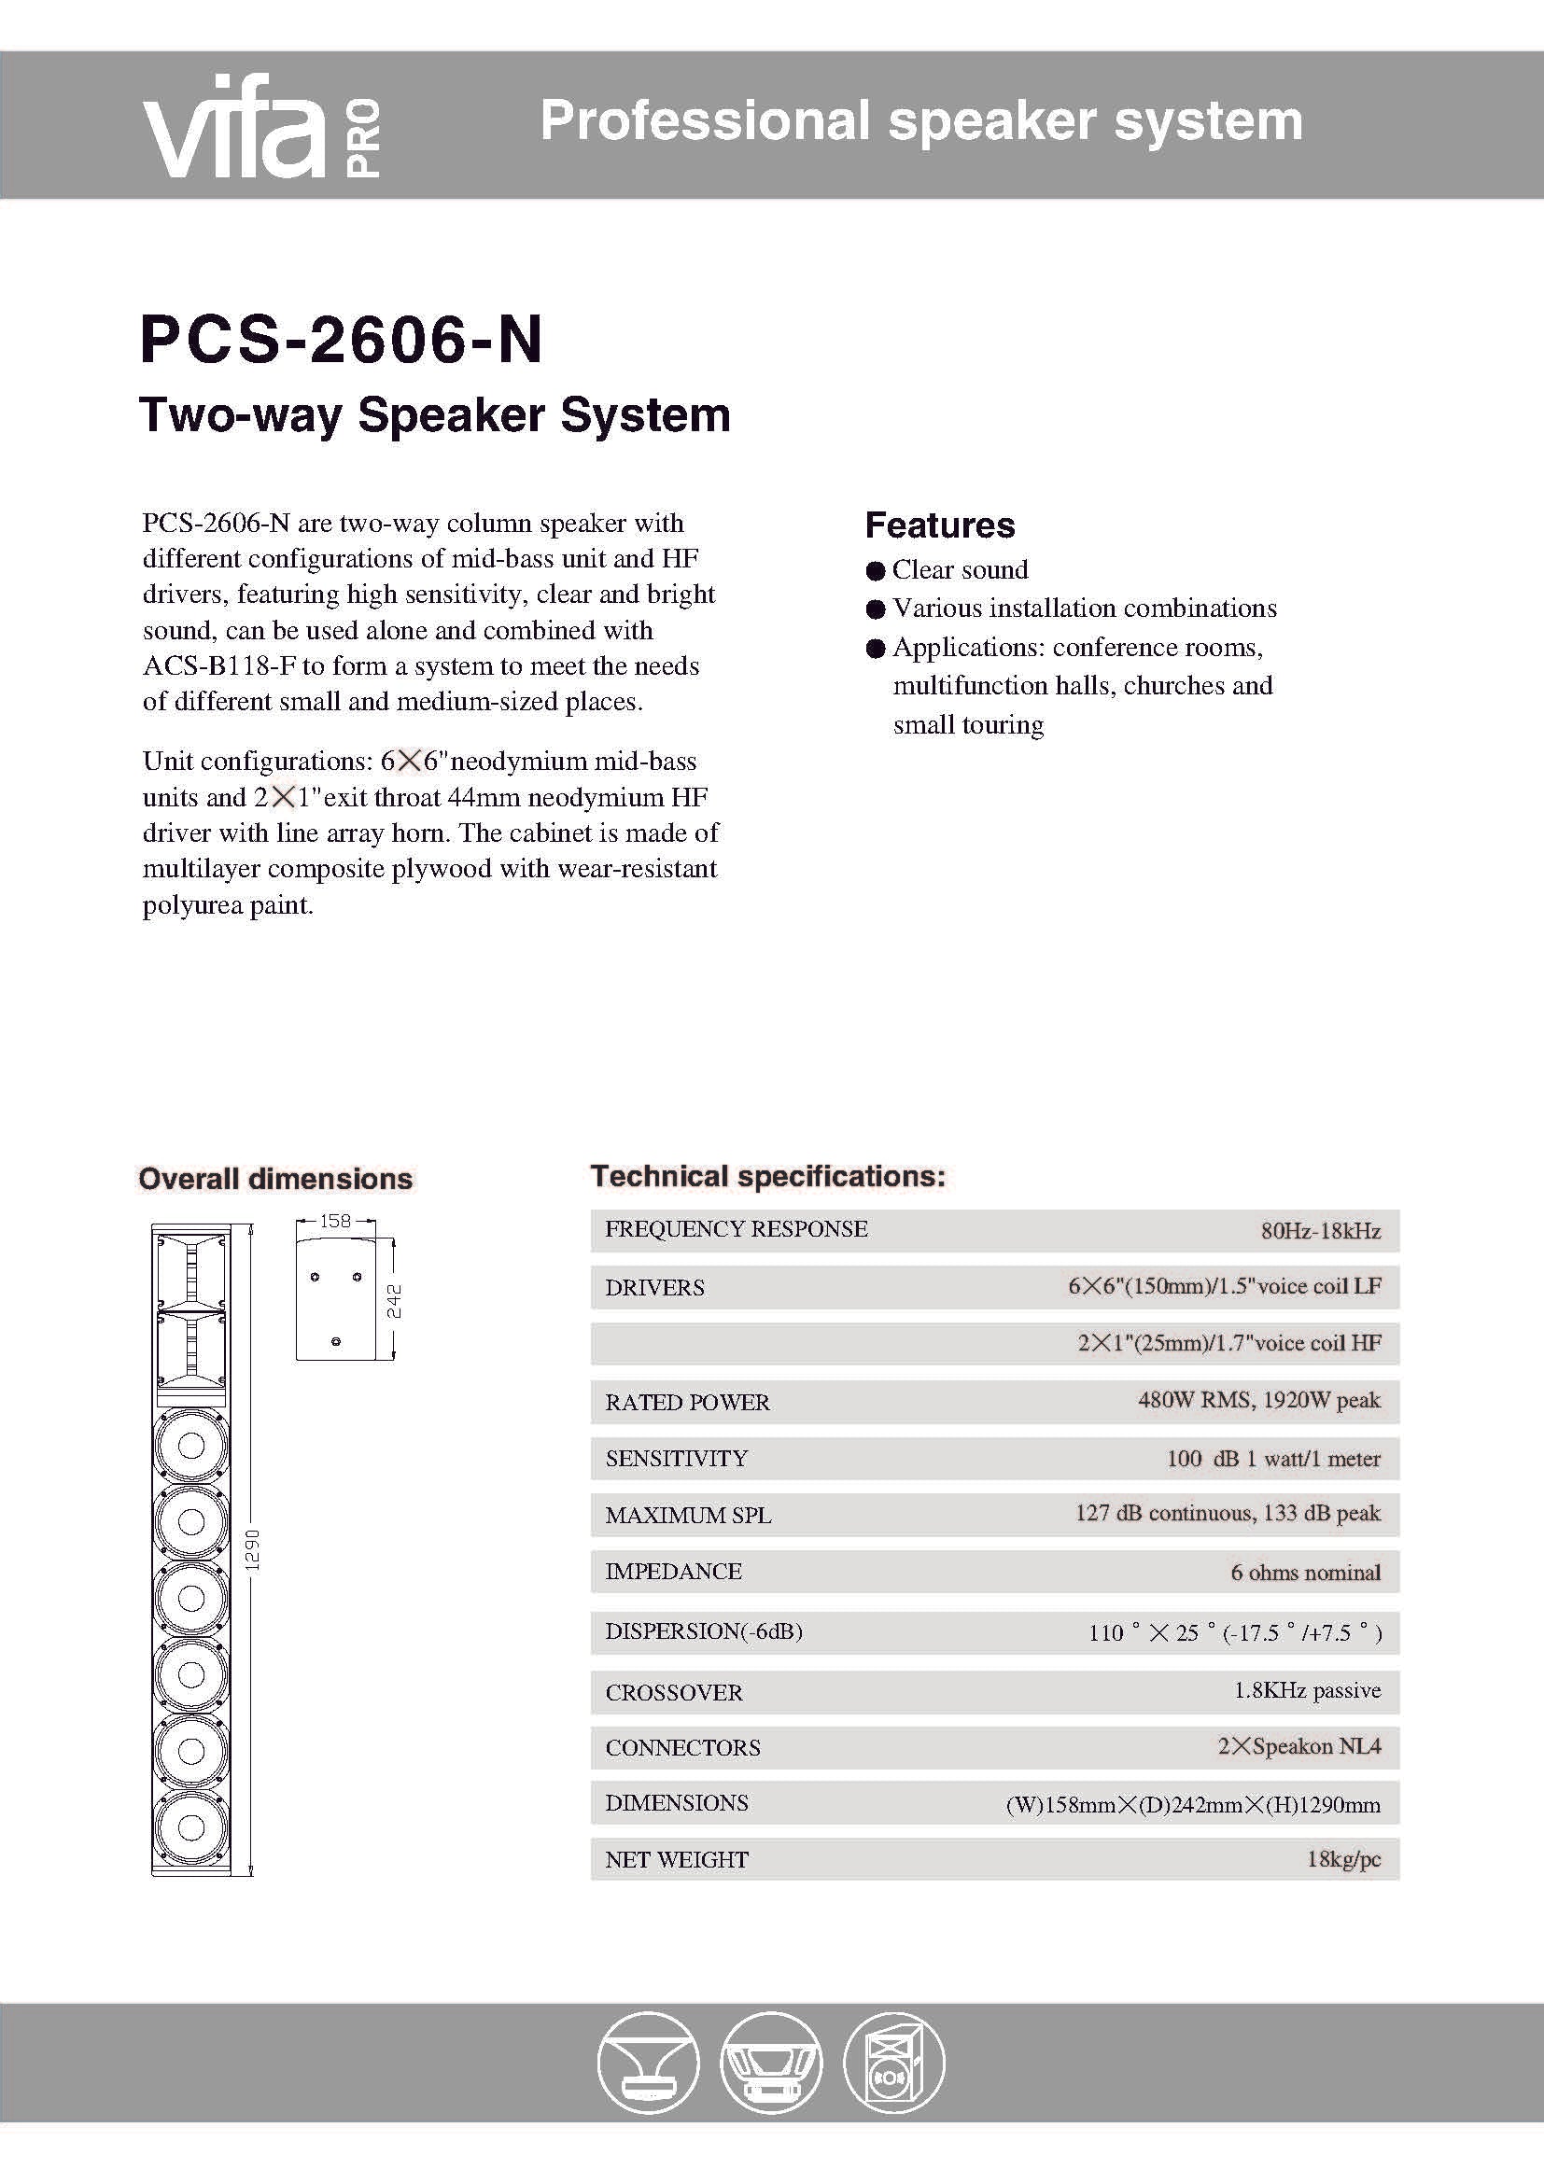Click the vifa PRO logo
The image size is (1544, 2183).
[261, 128]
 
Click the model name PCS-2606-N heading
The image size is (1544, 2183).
[342, 341]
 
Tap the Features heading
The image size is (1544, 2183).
[939, 525]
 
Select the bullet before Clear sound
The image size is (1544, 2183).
[876, 570]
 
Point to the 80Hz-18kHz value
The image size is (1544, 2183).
[1320, 1230]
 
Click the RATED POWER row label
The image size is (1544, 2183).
[687, 1403]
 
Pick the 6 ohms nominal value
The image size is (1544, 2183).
[1304, 1573]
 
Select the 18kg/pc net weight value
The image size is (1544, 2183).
[1342, 1859]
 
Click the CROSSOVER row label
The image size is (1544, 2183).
[674, 1692]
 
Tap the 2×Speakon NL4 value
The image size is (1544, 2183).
[1298, 1746]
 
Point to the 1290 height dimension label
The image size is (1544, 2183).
[253, 1550]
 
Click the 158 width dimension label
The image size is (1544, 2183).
[336, 1221]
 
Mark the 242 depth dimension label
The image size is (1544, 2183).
[395, 1301]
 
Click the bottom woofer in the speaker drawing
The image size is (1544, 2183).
[191, 1827]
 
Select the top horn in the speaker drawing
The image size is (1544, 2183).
[191, 1269]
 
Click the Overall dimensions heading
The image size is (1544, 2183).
[275, 1179]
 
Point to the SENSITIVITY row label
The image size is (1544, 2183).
[676, 1459]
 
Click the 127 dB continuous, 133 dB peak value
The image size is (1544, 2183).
[1228, 1513]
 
